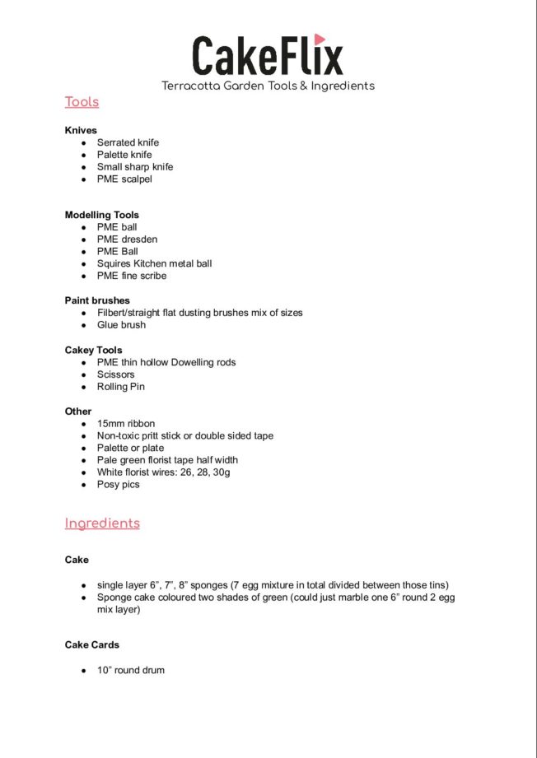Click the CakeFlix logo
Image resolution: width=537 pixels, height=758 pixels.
[x=267, y=55]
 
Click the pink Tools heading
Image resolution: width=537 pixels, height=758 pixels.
[x=82, y=102]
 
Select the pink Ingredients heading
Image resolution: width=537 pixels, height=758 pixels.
[x=102, y=523]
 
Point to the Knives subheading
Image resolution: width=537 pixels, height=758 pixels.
[x=81, y=130]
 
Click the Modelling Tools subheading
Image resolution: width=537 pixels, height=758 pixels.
[x=102, y=215]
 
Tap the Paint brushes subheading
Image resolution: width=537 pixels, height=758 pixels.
[x=97, y=300]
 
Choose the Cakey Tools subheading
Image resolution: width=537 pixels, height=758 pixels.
[x=93, y=350]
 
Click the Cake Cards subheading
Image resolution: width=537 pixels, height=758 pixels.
[x=92, y=644]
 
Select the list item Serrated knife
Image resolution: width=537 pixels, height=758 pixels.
[x=128, y=142]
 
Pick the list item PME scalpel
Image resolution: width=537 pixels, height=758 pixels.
[x=124, y=179]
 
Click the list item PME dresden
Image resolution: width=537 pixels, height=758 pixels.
[x=127, y=239]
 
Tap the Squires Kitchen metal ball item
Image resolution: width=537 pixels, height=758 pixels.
[x=154, y=263]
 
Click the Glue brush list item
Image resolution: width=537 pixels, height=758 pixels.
[x=121, y=325]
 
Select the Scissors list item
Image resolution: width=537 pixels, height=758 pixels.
[x=115, y=374]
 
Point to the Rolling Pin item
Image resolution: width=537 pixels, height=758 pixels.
[x=120, y=387]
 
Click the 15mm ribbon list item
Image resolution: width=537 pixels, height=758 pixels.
[x=125, y=424]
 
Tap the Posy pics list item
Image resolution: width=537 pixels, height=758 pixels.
[x=118, y=485]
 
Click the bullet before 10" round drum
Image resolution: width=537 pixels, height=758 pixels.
[x=84, y=671]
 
